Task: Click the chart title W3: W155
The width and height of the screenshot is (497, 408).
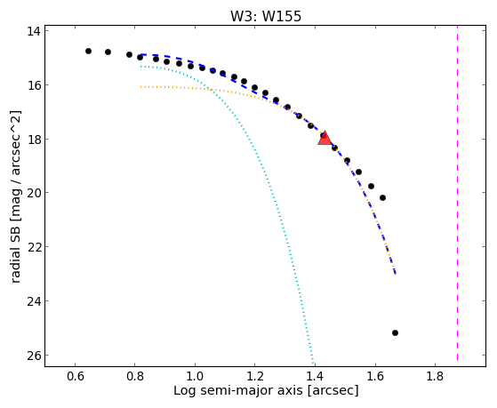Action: pyautogui.click(x=266, y=16)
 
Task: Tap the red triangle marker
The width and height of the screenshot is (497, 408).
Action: pyautogui.click(x=325, y=139)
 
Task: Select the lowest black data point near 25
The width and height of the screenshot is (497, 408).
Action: pyautogui.click(x=395, y=332)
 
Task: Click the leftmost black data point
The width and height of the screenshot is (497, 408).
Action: pyautogui.click(x=88, y=51)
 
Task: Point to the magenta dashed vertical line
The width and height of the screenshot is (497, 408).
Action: pyautogui.click(x=457, y=193)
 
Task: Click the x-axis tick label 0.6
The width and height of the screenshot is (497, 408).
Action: pyautogui.click(x=75, y=377)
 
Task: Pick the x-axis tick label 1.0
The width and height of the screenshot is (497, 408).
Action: pyautogui.click(x=195, y=377)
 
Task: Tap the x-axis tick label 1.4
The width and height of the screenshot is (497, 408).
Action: pyautogui.click(x=315, y=377)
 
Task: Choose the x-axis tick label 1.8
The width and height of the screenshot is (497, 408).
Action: pyautogui.click(x=435, y=377)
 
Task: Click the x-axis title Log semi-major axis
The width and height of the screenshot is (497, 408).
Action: pyautogui.click(x=238, y=391)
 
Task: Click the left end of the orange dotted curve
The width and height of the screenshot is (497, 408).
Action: pyautogui.click(x=140, y=86)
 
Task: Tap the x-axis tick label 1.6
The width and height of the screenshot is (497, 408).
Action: pyautogui.click(x=375, y=377)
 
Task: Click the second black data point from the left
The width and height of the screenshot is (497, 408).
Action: pyautogui.click(x=108, y=52)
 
